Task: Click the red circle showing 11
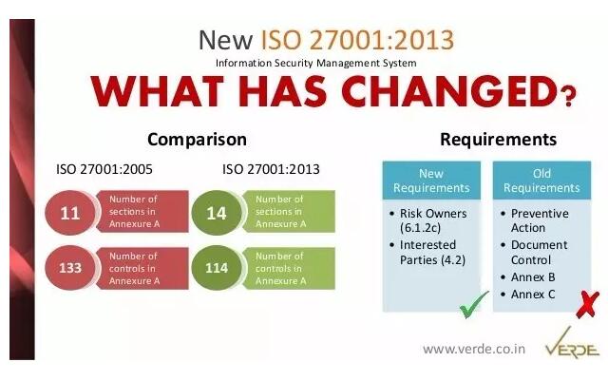click(70, 213)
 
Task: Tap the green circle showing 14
click(217, 213)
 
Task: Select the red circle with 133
click(70, 268)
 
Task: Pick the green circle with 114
click(217, 268)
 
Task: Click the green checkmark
click(473, 305)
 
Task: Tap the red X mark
click(588, 305)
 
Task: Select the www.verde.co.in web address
click(474, 349)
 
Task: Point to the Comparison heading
click(197, 140)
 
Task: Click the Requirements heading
click(498, 140)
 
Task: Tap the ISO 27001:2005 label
click(104, 169)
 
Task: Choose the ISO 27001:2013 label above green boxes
click(271, 169)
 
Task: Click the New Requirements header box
click(431, 181)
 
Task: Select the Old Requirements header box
click(541, 181)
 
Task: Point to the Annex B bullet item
click(528, 277)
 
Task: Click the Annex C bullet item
click(528, 295)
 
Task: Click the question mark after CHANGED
click(568, 97)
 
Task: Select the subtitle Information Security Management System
click(316, 63)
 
